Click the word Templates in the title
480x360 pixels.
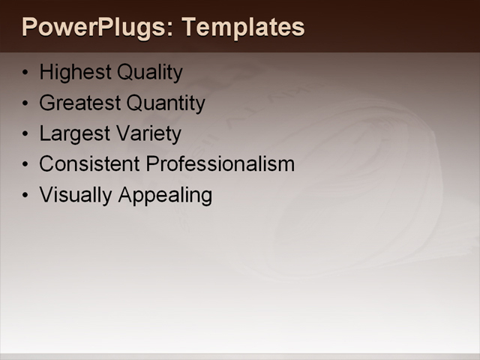coord(244,28)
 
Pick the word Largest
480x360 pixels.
coord(73,133)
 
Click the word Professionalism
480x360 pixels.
coord(220,163)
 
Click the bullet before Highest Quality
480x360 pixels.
coord(27,73)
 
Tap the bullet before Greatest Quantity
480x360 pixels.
coord(27,103)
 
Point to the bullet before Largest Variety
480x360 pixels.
coord(27,134)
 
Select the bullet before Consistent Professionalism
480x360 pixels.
coord(27,164)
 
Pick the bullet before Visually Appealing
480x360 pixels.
coord(27,195)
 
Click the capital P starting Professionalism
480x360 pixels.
coord(152,163)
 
